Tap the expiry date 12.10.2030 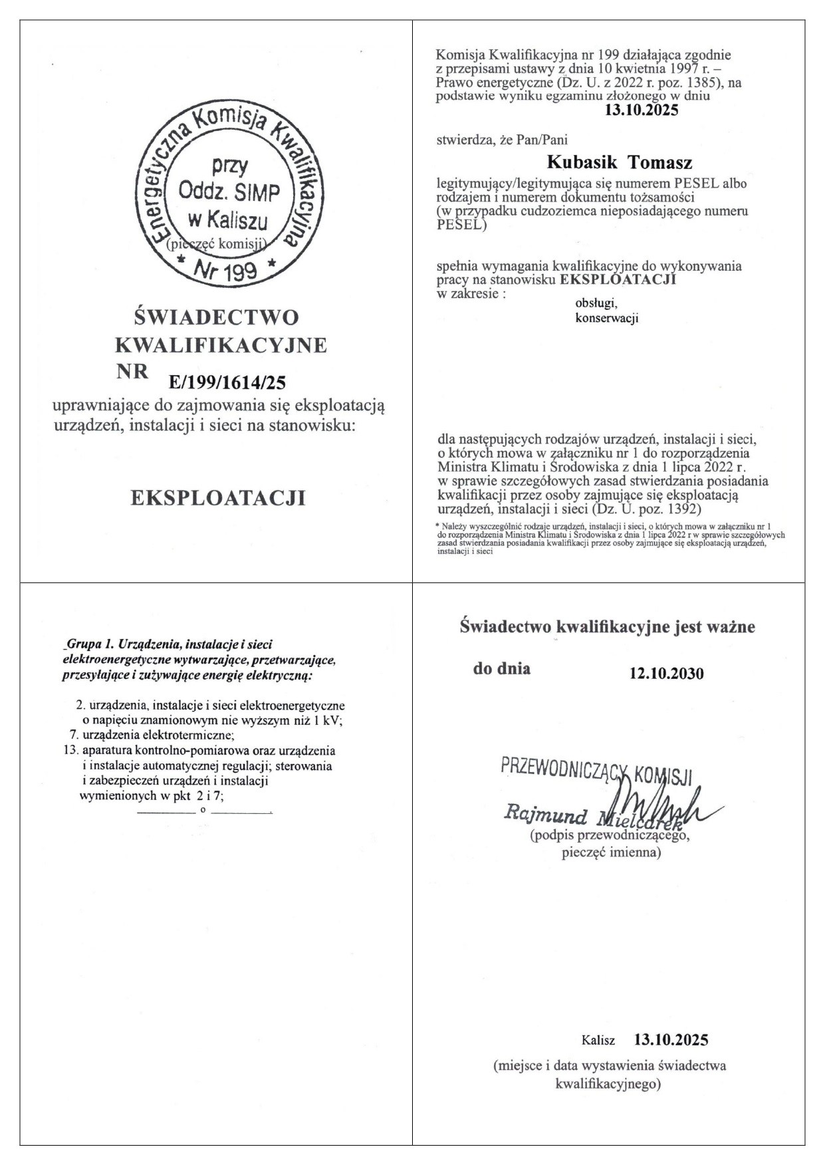pyautogui.click(x=666, y=673)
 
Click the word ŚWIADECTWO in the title pyautogui.click(x=217, y=317)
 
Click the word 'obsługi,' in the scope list pyautogui.click(x=596, y=303)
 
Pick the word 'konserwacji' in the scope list pyautogui.click(x=606, y=319)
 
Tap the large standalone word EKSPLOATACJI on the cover pyautogui.click(x=219, y=498)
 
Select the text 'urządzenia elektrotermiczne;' pyautogui.click(x=158, y=735)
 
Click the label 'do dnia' pyautogui.click(x=501, y=668)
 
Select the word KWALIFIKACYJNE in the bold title pyautogui.click(x=221, y=346)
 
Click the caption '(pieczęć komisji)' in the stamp pyautogui.click(x=217, y=243)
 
